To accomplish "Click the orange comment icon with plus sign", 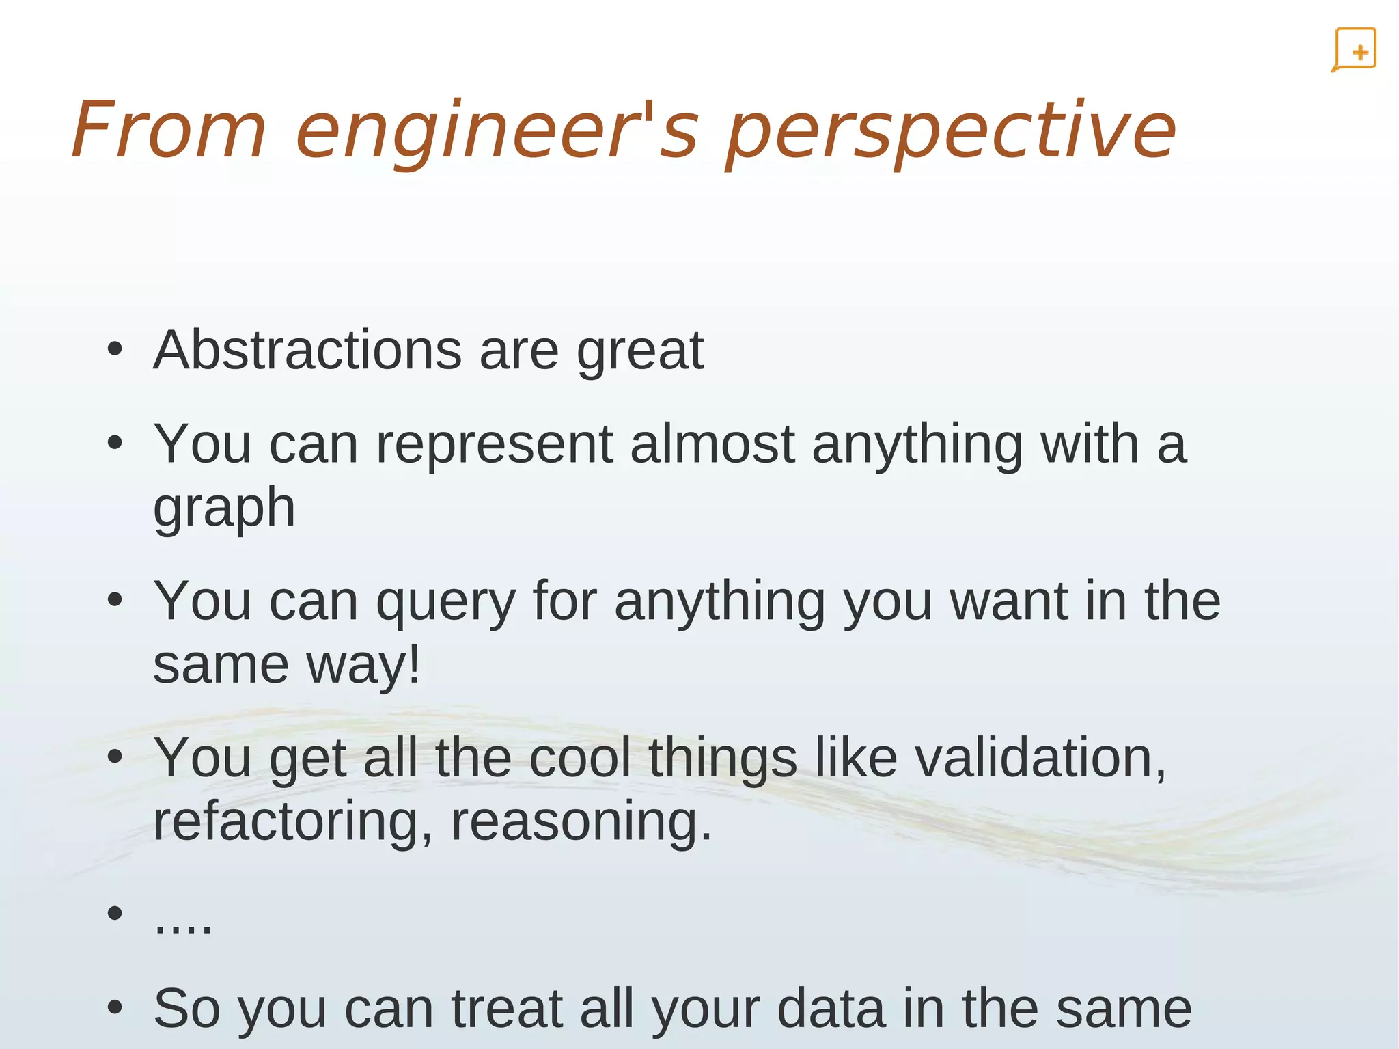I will pos(1354,50).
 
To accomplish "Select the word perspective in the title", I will pos(951,131).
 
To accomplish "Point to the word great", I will pos(640,351).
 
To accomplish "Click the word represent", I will pos(495,444).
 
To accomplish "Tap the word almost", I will pos(712,444).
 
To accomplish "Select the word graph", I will pos(224,509).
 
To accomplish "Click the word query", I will pos(445,602).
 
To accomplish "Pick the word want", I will pos(1009,602).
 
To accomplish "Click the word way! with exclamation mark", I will pos(363,665).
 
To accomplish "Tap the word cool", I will pos(580,758).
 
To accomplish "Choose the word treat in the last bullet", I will pos(507,1009).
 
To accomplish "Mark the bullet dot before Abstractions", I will pos(115,350).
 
